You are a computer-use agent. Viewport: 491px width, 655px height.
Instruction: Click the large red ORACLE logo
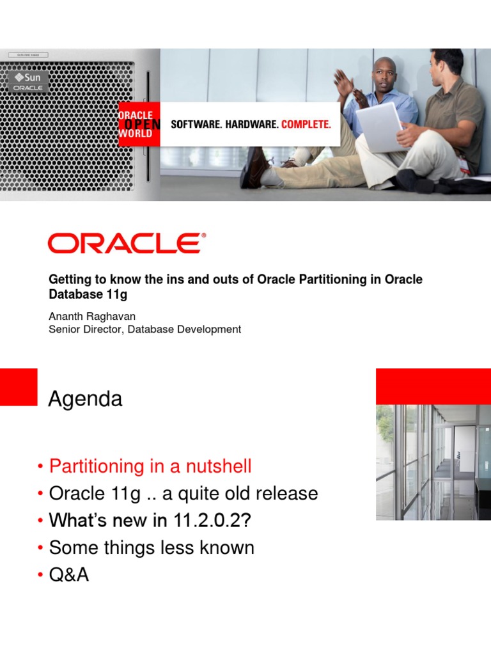(x=127, y=244)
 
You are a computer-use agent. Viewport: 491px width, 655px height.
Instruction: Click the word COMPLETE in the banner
(x=306, y=124)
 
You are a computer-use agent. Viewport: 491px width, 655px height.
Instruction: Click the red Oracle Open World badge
(x=136, y=124)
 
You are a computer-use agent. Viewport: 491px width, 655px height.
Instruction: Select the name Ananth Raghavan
(x=92, y=317)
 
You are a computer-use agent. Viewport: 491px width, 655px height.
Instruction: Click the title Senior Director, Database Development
(x=145, y=329)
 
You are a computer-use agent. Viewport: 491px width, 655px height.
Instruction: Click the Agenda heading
(x=85, y=399)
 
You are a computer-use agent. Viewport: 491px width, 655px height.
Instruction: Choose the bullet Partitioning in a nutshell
(x=150, y=466)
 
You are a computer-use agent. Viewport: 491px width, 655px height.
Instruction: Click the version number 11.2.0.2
(x=207, y=521)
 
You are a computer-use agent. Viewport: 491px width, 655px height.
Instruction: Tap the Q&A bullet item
(x=69, y=575)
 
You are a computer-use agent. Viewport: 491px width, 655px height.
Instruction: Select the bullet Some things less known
(x=152, y=548)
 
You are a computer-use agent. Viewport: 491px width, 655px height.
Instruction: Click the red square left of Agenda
(x=19, y=386)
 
